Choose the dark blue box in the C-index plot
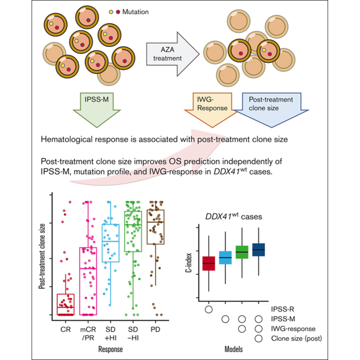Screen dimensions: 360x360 pos(258,249)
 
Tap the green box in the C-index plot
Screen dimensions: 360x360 pos(242,252)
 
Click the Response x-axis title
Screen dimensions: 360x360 pos(111,350)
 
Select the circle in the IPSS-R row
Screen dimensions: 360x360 pos(209,309)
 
